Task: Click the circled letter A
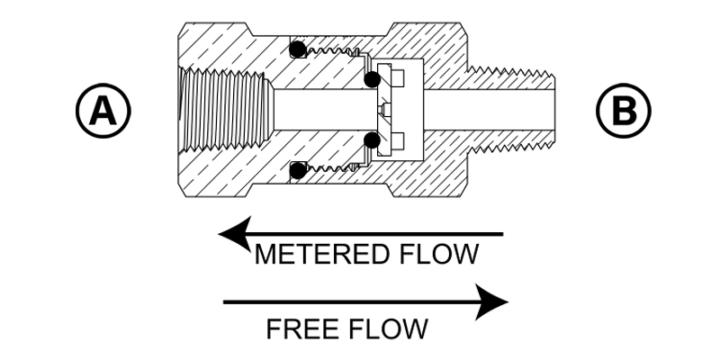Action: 103,111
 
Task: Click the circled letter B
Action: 623,111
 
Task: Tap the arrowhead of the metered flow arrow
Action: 235,234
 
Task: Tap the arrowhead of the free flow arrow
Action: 491,302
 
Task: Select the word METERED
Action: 323,255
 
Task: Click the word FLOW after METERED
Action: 439,255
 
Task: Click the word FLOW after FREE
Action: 388,329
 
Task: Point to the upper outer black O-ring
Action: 298,49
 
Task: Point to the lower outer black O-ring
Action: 299,170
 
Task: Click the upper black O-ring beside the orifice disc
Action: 372,79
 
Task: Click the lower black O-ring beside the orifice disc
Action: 372,140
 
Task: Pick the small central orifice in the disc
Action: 385,110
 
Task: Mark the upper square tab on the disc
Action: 398,77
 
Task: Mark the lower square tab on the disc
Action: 398,140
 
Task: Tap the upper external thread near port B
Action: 510,73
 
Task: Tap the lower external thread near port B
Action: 510,147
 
